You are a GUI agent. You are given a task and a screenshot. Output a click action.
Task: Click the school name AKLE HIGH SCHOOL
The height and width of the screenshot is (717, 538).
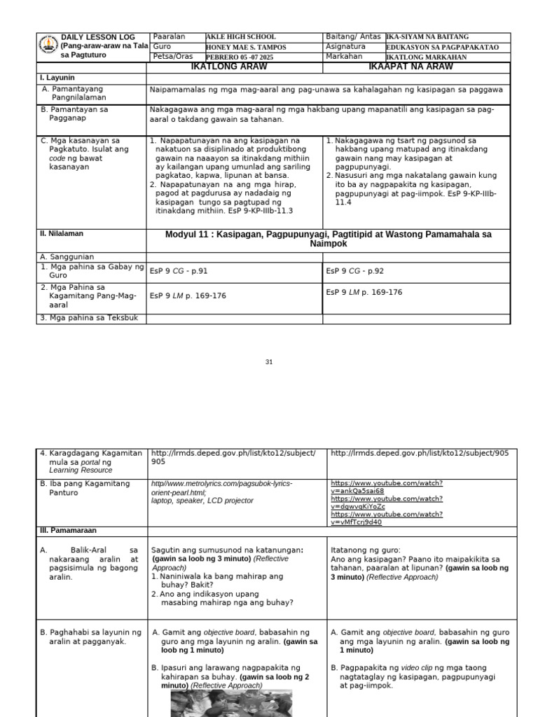click(241, 37)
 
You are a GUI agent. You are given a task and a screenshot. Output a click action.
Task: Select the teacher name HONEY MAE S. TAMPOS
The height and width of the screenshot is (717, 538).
click(247, 47)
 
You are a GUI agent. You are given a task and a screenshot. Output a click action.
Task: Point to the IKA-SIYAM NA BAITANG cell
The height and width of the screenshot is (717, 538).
click(428, 37)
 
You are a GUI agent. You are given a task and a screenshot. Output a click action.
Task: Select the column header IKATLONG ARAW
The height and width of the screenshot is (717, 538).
click(234, 67)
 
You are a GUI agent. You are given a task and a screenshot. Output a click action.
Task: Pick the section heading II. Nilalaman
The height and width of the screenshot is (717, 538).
click(61, 234)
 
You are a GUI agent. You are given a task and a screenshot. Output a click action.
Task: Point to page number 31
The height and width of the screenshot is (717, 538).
click(269, 361)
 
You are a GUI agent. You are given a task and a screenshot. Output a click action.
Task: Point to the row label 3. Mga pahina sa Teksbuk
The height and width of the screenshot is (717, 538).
click(90, 319)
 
